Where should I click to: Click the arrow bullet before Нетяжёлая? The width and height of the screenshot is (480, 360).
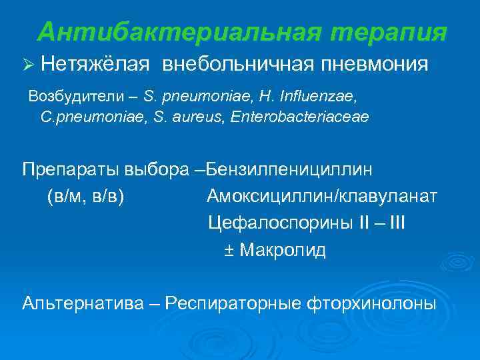click(x=27, y=65)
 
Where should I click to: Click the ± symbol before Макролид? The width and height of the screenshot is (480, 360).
click(x=228, y=251)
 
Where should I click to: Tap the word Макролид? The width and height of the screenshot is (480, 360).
click(x=283, y=251)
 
